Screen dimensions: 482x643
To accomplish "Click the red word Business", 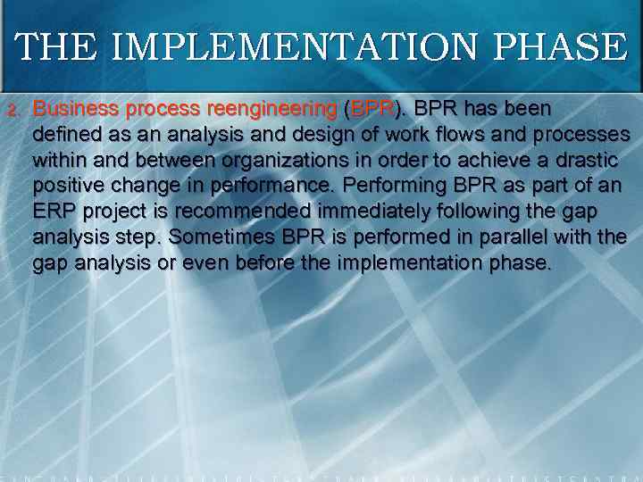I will tap(76, 109).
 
